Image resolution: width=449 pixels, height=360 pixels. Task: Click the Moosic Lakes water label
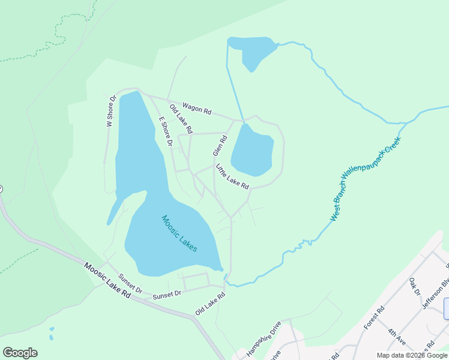click(179, 233)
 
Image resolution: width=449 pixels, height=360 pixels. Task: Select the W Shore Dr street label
click(110, 111)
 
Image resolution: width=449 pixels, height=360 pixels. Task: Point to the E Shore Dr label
click(166, 132)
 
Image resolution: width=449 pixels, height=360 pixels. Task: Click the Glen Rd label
click(220, 146)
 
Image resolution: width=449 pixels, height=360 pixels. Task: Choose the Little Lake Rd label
click(232, 177)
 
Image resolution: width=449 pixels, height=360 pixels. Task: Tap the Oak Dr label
click(414, 286)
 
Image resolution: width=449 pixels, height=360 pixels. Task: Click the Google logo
click(20, 353)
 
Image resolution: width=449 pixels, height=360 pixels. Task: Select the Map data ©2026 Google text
click(412, 355)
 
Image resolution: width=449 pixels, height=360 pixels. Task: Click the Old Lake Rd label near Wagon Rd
click(181, 119)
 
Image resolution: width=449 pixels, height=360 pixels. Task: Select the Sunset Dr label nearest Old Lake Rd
click(167, 295)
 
